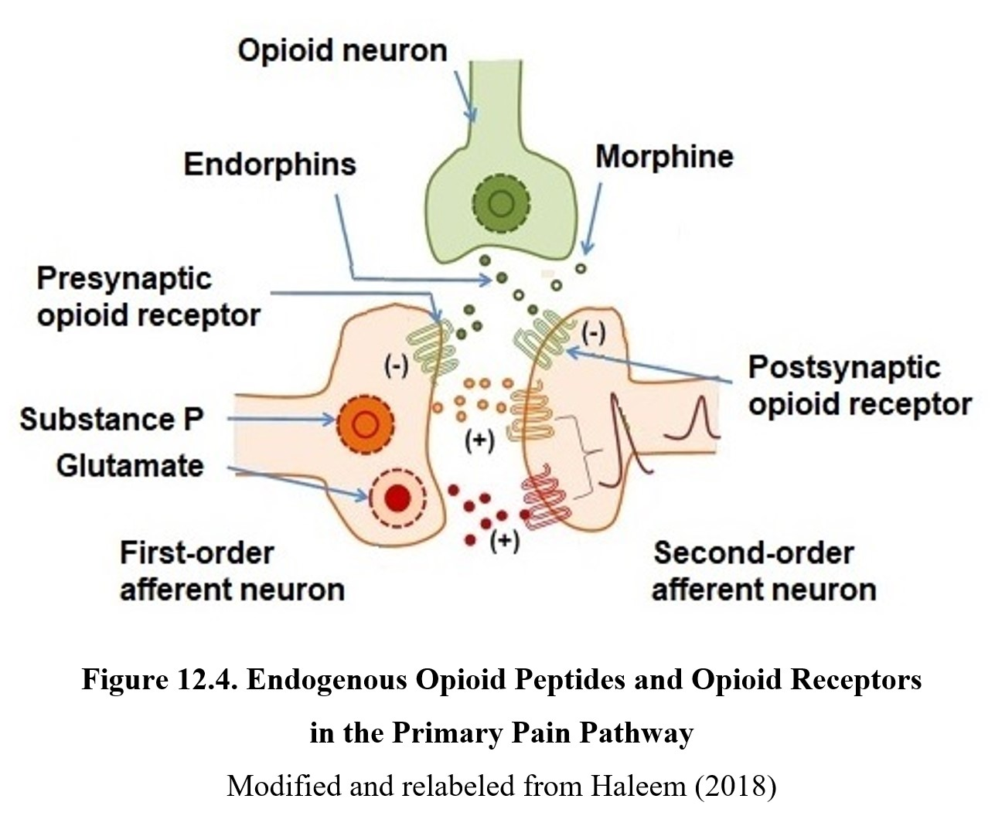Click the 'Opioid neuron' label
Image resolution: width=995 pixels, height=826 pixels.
(342, 50)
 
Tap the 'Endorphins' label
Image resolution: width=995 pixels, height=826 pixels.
(270, 164)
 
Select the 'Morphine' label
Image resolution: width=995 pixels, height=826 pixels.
(664, 156)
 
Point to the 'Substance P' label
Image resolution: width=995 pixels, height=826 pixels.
(111, 420)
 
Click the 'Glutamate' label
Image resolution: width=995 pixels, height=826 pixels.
(130, 466)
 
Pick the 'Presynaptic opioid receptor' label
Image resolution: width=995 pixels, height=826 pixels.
(148, 297)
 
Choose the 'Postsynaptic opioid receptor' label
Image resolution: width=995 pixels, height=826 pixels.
(859, 386)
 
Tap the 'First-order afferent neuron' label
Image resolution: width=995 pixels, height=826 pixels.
(231, 572)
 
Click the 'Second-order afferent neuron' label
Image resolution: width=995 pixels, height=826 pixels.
(763, 572)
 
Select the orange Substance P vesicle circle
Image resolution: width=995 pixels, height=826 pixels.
(366, 423)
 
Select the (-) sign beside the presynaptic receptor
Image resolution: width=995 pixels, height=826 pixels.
(397, 367)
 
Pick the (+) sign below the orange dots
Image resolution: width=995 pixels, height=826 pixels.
(479, 441)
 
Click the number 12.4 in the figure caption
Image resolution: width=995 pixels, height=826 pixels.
(207, 680)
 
